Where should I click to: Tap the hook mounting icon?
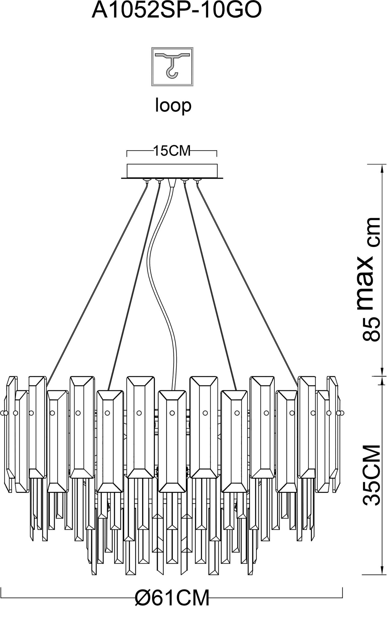coord(172,67)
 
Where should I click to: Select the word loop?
coord(173,106)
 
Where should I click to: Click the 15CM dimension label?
coord(172,151)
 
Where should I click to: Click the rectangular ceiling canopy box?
coord(172,171)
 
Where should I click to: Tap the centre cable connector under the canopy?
coord(172,183)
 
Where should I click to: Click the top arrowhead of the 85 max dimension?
coord(382,168)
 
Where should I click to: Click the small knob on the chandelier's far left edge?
coord(4,413)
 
